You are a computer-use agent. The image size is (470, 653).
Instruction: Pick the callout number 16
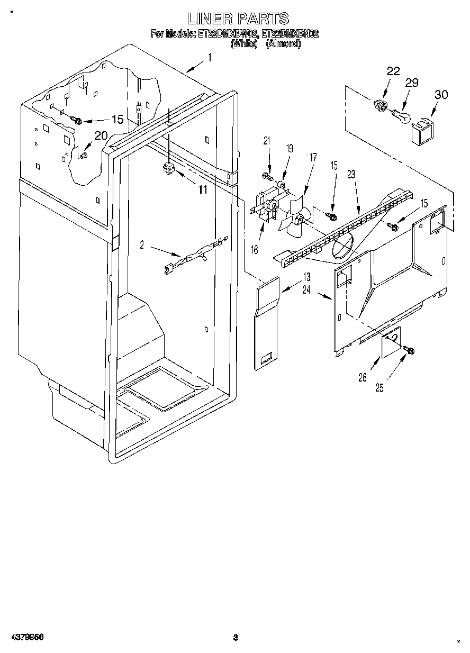click(x=255, y=249)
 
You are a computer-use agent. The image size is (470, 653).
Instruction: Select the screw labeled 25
click(x=410, y=350)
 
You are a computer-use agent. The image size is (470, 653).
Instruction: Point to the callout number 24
click(x=307, y=289)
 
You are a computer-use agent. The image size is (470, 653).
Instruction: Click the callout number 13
click(x=307, y=277)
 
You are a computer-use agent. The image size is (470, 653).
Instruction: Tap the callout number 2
click(x=142, y=244)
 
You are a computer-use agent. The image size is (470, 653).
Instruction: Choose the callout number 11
click(x=203, y=190)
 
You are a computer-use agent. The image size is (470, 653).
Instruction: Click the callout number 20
click(x=101, y=135)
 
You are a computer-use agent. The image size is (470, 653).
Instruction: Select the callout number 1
click(x=210, y=58)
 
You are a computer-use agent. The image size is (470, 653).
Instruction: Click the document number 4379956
click(x=25, y=637)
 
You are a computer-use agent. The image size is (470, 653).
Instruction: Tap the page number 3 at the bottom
click(x=236, y=637)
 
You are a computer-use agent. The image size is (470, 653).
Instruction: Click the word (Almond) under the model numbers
click(x=283, y=45)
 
